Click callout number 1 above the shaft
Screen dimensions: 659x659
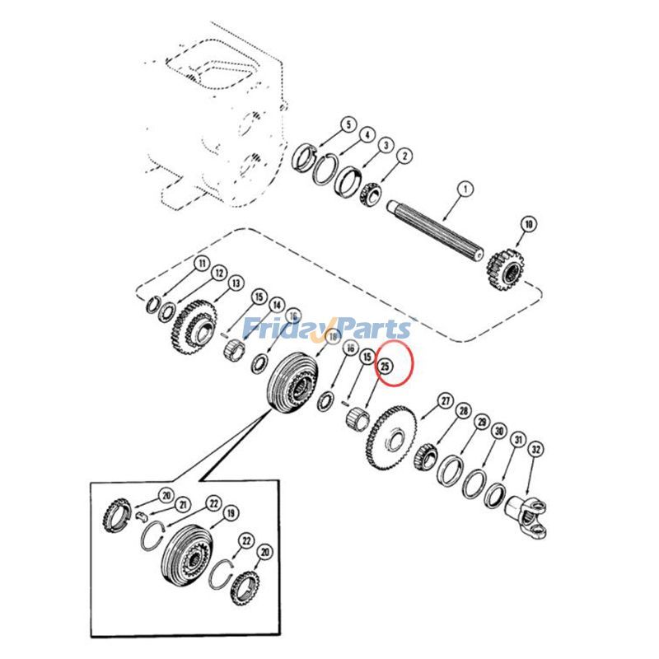point(465,189)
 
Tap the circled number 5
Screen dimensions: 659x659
point(348,125)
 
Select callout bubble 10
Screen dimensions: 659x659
point(528,224)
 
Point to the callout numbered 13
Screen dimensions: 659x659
point(236,283)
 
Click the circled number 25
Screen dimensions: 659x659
point(385,366)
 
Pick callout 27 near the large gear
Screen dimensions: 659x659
point(446,401)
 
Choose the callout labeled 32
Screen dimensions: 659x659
point(535,449)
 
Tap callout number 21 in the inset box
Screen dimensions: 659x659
point(182,505)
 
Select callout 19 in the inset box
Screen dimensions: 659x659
point(231,512)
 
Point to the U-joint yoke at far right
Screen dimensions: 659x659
point(527,516)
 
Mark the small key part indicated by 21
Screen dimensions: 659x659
point(143,516)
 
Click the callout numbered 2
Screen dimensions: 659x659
point(404,156)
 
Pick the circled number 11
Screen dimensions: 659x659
point(202,264)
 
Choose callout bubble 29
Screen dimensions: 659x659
point(482,422)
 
